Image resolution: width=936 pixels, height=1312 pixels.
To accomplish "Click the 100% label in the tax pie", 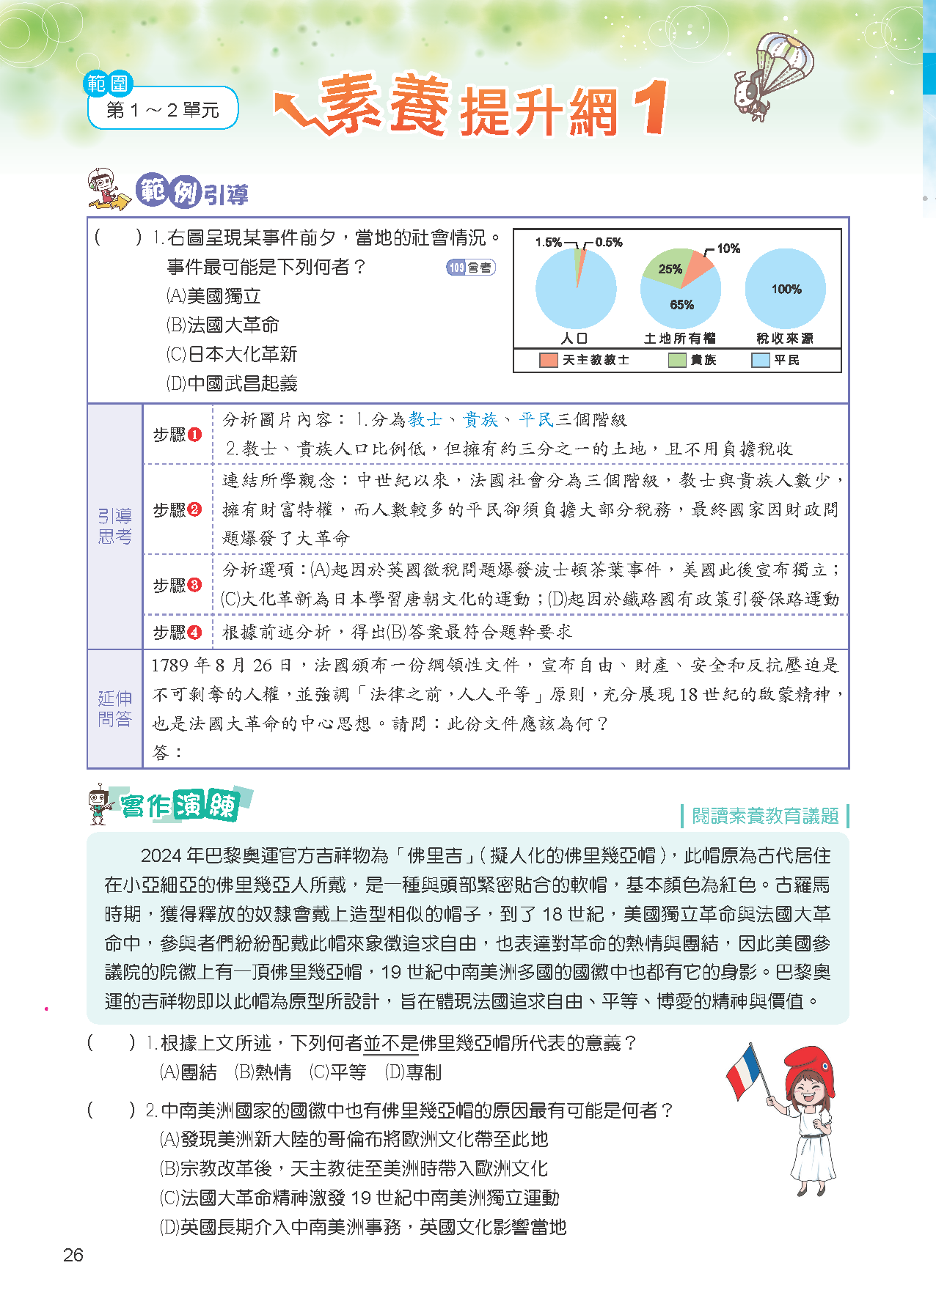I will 786,290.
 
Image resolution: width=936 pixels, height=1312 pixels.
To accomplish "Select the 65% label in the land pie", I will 681,305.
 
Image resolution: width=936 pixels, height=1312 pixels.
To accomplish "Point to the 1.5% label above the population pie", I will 548,242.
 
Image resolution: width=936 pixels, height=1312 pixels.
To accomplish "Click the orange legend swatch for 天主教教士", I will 548,360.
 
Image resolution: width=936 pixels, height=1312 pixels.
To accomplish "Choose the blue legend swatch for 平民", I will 761,360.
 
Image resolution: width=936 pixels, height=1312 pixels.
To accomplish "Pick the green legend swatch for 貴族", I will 677,360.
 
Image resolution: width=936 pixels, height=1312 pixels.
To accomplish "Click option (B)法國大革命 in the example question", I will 223,325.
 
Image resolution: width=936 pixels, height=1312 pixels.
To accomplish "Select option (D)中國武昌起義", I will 232,383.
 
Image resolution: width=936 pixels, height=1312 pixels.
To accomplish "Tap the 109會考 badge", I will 471,268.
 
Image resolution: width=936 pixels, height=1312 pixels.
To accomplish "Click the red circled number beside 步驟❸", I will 194,585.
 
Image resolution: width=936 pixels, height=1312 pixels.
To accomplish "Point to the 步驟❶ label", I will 177,435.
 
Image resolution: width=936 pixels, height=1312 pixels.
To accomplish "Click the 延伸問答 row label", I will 115,709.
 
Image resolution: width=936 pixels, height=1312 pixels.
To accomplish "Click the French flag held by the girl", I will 745,1071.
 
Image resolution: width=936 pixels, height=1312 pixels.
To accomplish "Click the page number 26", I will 73,1255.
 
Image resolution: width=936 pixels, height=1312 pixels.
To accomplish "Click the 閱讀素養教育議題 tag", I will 764,816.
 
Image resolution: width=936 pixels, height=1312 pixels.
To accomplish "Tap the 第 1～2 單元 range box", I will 163,110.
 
